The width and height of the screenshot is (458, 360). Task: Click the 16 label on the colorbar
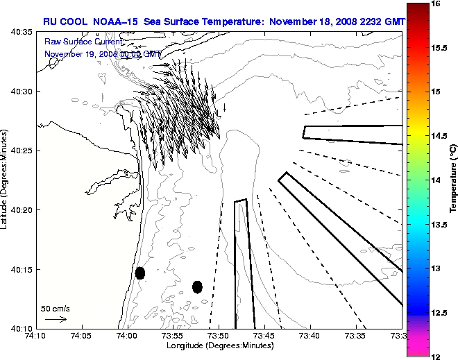coord(435,3)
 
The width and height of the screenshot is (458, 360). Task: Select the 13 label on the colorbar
coord(435,268)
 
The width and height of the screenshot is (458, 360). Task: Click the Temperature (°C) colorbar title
coord(452,180)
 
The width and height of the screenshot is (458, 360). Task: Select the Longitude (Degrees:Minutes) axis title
coord(219,345)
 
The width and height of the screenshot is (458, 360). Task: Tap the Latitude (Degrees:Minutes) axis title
coord(6,180)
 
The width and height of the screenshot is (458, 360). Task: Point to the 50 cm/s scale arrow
coord(56,319)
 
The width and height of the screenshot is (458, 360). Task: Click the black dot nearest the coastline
coord(140,273)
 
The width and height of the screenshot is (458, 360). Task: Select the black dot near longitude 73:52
coord(197,286)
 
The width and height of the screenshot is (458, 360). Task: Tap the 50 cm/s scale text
coord(56,308)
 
